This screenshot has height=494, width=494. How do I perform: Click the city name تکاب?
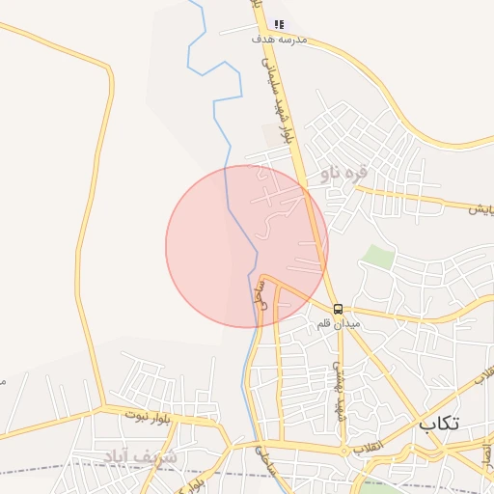click(440, 424)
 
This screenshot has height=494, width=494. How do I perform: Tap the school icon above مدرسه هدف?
click(280, 24)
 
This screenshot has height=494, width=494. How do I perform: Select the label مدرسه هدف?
click(279, 40)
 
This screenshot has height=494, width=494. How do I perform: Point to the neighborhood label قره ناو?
click(344, 174)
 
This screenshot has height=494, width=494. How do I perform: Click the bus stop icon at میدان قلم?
click(339, 309)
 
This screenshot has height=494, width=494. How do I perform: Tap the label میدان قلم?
click(339, 324)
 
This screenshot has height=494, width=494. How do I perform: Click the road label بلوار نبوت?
click(148, 416)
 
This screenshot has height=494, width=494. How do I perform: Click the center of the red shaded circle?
click(247, 246)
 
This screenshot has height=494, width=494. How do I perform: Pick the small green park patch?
click(378, 258)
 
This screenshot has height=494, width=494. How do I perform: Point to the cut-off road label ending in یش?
click(480, 208)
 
